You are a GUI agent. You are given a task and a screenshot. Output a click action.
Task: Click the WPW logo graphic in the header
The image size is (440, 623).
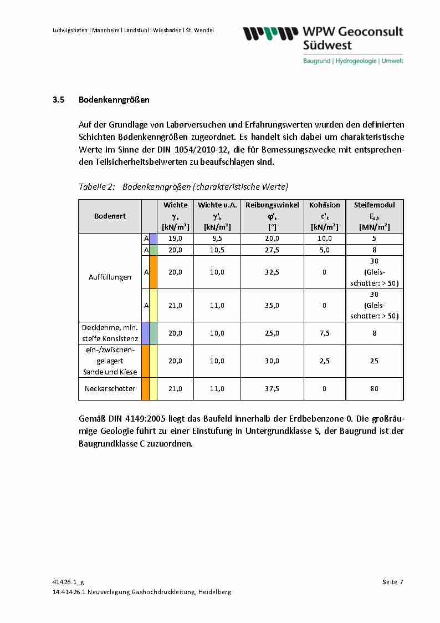coord(267,34)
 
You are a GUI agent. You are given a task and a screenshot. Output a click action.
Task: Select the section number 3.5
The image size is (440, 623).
coord(59,100)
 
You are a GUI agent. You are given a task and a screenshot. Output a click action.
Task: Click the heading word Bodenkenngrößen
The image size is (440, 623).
coord(114,100)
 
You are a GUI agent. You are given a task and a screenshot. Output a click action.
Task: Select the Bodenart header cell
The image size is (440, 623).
coord(110,216)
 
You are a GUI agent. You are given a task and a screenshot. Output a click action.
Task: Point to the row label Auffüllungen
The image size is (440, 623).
coord(110,277)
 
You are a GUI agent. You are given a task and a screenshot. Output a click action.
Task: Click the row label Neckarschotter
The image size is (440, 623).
coord(110,388)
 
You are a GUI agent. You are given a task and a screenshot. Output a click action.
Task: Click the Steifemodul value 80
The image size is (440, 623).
coord(374,388)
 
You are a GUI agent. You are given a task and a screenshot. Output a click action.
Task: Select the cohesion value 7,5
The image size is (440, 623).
coord(325,333)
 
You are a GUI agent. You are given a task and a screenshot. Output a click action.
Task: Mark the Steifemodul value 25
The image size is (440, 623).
coord(374,361)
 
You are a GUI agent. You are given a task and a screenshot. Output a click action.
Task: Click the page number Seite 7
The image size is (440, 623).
coord(392,582)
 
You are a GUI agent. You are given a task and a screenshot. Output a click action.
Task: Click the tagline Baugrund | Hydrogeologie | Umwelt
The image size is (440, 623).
coord(353,60)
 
